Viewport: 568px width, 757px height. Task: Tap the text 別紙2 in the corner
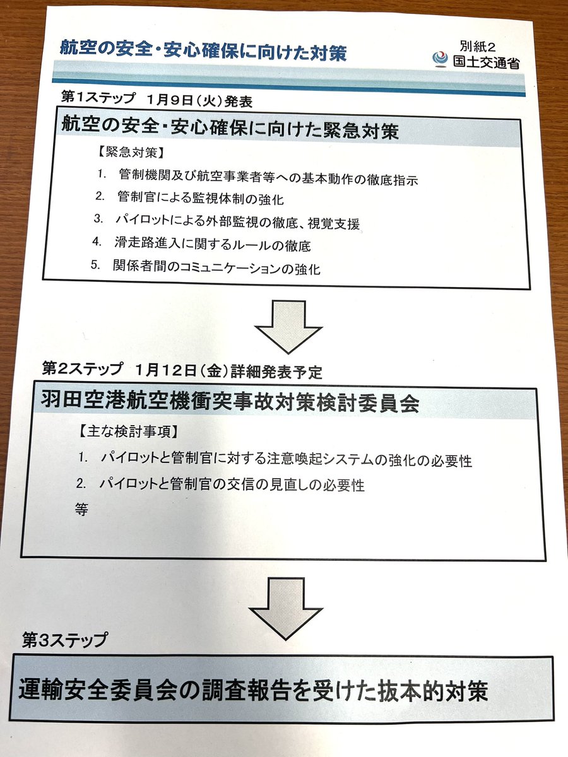pyautogui.click(x=479, y=46)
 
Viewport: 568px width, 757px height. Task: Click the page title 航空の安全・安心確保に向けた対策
pyautogui.click(x=203, y=50)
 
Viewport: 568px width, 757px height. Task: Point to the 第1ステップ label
pyautogui.click(x=98, y=98)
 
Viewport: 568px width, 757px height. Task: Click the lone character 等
pyautogui.click(x=81, y=509)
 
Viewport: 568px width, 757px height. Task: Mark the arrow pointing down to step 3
pyautogui.click(x=286, y=607)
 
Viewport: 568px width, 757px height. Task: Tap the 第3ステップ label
pyautogui.click(x=65, y=640)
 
